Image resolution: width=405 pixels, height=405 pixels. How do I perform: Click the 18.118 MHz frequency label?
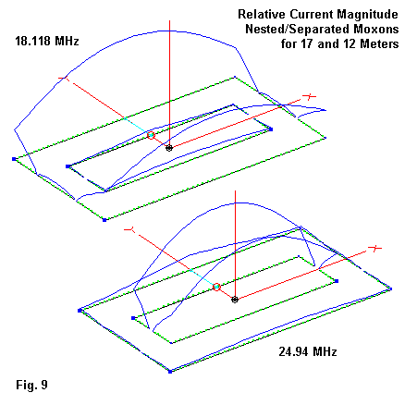coord(47,41)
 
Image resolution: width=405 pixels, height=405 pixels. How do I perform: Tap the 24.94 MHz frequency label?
coord(308,351)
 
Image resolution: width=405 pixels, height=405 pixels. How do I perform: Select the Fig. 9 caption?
coord(31,385)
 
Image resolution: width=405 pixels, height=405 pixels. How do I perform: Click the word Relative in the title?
coord(262,15)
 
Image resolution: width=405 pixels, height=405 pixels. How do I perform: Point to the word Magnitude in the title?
coord(367,15)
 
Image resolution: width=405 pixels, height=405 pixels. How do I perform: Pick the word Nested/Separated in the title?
coord(298,30)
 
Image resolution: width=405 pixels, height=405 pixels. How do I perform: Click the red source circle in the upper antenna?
coord(151,135)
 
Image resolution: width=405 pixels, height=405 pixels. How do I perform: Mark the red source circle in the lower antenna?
coord(216,287)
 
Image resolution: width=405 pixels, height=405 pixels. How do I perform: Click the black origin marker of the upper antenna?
coord(169,148)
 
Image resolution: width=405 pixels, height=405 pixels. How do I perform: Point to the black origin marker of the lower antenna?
coord(235,300)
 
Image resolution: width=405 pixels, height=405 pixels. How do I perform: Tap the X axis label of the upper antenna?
coord(309,97)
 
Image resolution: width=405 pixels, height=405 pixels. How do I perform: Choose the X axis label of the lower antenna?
coord(375,248)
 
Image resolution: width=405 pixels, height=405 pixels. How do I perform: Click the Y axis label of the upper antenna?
coord(64,79)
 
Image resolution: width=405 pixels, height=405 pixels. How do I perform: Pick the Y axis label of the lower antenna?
coord(129,229)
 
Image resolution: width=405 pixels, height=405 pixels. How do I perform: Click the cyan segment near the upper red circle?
coord(137,126)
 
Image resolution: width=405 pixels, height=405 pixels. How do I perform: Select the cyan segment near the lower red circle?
coord(202,277)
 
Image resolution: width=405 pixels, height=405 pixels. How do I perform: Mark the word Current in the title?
coord(312,15)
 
